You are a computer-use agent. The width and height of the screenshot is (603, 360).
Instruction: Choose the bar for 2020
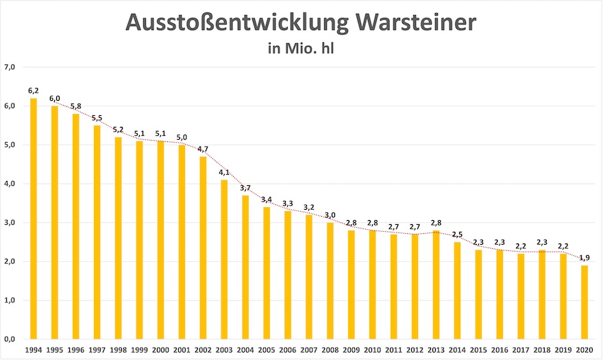point(584,302)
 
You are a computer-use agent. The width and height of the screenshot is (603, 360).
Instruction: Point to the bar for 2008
point(330,280)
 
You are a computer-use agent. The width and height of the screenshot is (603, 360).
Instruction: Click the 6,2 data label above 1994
point(33,91)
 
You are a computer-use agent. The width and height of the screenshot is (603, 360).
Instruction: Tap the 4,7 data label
point(203,149)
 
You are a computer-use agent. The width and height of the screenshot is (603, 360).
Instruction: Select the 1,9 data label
point(584,258)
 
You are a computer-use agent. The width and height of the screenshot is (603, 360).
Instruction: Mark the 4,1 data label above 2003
point(223,172)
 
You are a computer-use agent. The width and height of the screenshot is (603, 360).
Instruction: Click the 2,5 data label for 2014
point(457,235)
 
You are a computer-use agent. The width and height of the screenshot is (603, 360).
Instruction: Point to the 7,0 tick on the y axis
point(10,67)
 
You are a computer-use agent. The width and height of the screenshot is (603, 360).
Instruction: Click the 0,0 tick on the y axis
point(10,339)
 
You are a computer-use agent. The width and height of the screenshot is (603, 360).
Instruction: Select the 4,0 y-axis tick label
point(10,184)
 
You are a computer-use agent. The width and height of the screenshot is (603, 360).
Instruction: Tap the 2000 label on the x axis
point(160,350)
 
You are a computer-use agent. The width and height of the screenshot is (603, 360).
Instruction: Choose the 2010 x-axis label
point(372,350)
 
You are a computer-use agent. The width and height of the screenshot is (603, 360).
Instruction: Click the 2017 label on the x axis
point(520,350)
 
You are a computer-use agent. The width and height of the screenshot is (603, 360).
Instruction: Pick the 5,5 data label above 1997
point(97,118)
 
